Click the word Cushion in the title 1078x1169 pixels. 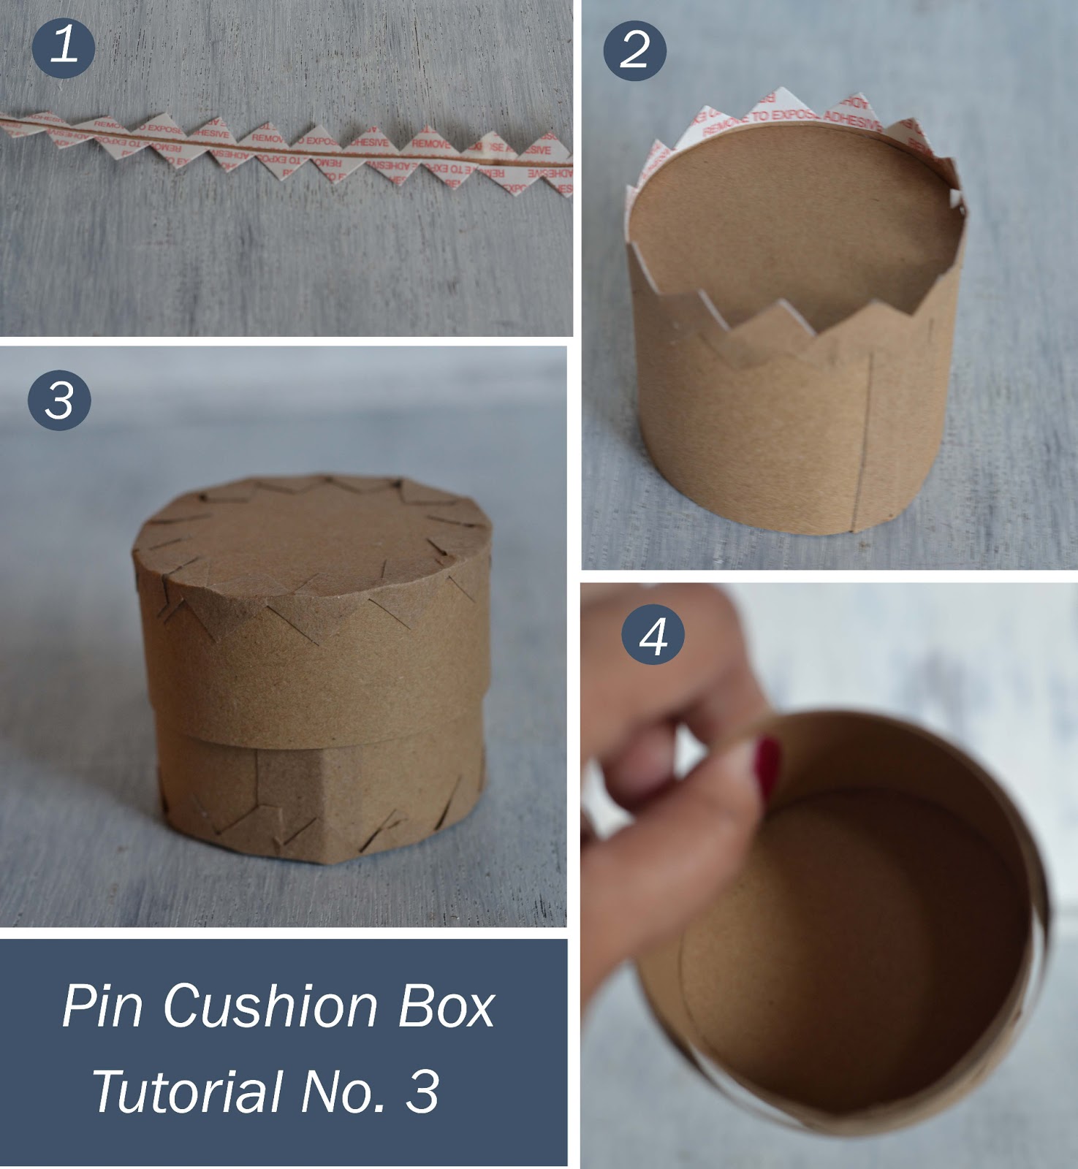click(270, 1006)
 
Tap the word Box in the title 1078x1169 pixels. click(447, 1006)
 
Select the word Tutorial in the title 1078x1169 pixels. click(186, 1091)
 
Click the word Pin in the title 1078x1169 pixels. click(102, 1006)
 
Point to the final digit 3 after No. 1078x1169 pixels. click(422, 1091)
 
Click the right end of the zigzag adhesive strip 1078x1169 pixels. click(559, 168)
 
